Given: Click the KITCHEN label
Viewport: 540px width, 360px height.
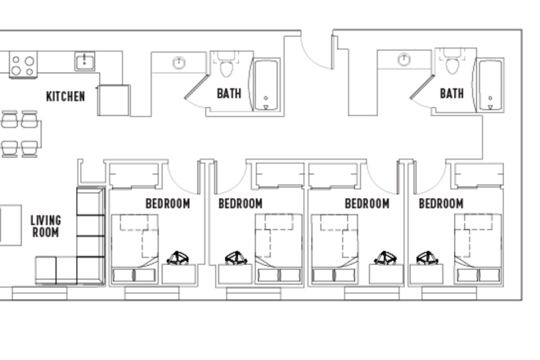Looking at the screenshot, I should point(65,97).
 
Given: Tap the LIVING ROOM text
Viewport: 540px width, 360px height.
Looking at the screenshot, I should point(46,226).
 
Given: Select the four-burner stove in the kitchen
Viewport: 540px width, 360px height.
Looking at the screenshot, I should point(22,65).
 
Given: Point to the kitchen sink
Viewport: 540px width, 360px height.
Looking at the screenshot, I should point(83,61).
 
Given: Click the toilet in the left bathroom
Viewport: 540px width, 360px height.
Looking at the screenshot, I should point(226,64).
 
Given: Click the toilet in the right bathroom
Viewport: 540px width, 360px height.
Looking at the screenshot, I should point(451,64).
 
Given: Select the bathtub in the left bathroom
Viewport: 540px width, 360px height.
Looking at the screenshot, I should point(265,85).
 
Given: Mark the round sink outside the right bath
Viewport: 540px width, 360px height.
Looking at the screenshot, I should point(404,60).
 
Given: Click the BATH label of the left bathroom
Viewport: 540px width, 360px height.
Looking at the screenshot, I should point(229,93).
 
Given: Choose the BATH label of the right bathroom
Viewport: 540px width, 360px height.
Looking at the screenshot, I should point(452,93).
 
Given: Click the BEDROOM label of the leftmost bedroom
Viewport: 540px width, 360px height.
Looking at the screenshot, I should point(168,203).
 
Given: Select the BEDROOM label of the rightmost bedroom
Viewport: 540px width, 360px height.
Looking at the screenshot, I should point(441,203).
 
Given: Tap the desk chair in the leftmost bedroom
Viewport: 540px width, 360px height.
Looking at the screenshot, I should point(179,259).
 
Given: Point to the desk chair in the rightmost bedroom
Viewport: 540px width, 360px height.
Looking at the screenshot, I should point(427,259).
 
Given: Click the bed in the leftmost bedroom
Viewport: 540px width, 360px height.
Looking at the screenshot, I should point(135,241).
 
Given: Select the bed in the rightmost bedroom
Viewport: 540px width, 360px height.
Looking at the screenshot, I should point(476,241).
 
